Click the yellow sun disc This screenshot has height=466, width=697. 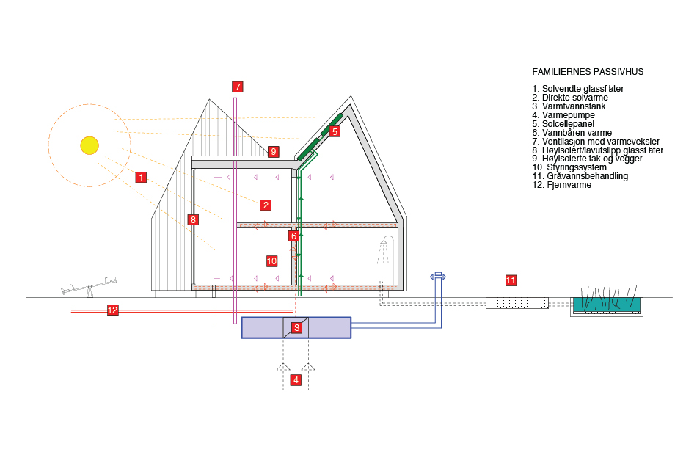click(89, 145)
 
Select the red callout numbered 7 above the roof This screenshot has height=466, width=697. click(237, 87)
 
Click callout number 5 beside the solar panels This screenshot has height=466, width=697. click(335, 131)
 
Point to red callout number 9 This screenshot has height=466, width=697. click(274, 152)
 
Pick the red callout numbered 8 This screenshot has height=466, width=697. click(193, 219)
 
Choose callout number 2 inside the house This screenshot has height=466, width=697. click(266, 205)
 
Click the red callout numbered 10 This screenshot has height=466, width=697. click(271, 261)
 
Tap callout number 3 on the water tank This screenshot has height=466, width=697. click(296, 327)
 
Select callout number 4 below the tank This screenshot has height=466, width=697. click(296, 379)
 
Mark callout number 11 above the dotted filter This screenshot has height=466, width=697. click(511, 280)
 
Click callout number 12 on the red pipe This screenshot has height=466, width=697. click(113, 310)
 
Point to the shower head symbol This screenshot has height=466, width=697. click(384, 243)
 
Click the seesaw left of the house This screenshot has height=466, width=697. click(90, 285)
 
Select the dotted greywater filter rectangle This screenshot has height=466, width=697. click(517, 303)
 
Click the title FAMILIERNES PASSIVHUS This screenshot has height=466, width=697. click(588, 72)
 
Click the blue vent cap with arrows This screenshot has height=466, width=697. click(438, 276)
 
